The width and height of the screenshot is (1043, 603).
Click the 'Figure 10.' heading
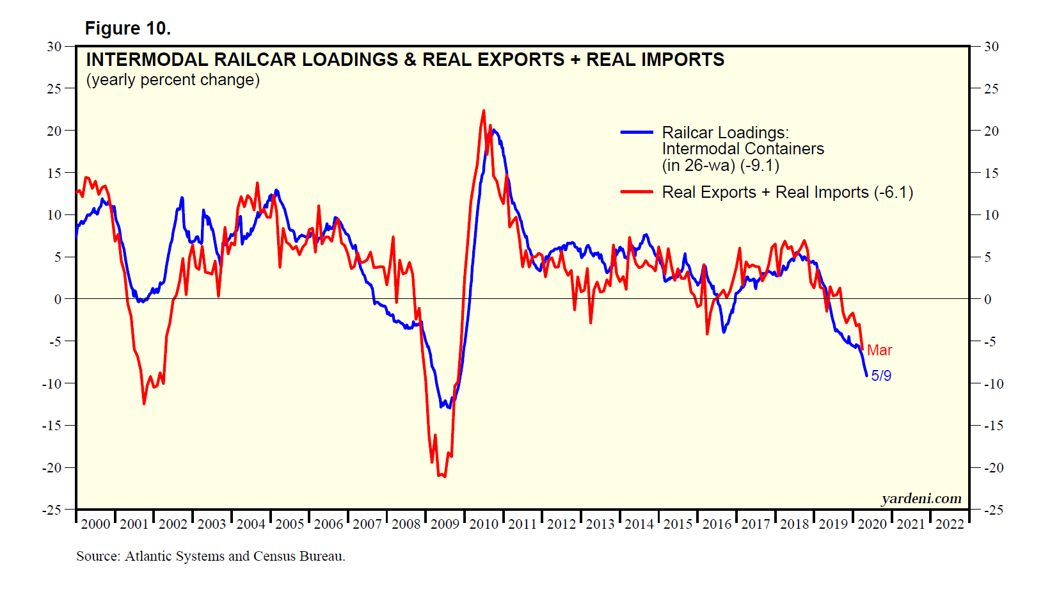(x=127, y=29)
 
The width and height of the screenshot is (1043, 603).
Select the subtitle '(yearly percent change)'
(x=173, y=80)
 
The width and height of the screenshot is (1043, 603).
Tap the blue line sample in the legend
(x=636, y=133)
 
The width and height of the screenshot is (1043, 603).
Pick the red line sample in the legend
(x=636, y=192)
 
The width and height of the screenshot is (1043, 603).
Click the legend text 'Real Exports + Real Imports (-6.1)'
(x=787, y=192)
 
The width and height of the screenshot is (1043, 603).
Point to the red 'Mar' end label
(x=879, y=350)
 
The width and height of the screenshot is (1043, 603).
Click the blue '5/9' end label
(x=881, y=376)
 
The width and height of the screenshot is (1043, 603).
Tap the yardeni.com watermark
(x=921, y=499)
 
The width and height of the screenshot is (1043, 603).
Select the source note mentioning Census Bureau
(x=211, y=556)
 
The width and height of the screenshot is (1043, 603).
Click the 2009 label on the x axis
(x=445, y=524)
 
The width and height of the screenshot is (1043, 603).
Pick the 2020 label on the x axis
(x=872, y=524)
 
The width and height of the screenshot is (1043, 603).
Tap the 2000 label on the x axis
(x=95, y=524)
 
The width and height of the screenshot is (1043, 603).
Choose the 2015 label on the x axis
(x=678, y=524)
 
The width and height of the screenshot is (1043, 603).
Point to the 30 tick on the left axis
(x=54, y=47)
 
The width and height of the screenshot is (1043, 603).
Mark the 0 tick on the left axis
(x=58, y=299)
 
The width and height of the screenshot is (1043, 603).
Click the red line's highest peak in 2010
(x=483, y=111)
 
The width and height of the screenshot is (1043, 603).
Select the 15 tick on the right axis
(x=991, y=173)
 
